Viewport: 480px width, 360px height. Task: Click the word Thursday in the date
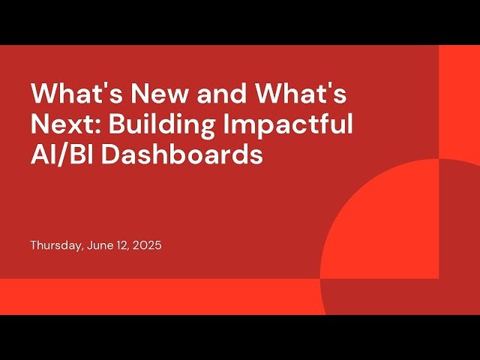coord(53,245)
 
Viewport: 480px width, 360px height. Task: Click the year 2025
coord(146,245)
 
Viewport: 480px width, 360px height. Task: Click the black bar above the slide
coord(240,22)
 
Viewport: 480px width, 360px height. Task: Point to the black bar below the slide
coord(240,337)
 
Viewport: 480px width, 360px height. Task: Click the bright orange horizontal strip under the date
coord(150,296)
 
